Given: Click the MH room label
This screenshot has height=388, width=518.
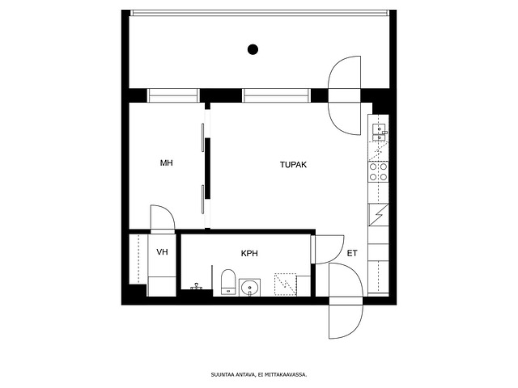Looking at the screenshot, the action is click(x=166, y=162).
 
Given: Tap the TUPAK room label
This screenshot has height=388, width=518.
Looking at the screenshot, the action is click(x=293, y=164).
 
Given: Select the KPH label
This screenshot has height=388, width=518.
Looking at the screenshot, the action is click(x=249, y=253).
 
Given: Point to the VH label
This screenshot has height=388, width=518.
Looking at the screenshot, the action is click(x=162, y=252).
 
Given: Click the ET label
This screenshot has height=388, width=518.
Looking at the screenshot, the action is click(x=352, y=253).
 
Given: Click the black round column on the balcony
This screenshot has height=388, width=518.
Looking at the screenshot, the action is click(x=253, y=49).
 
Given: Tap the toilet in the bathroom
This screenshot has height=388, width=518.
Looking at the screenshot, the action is click(x=228, y=282).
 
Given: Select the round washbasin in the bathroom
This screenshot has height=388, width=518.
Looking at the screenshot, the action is click(x=250, y=288).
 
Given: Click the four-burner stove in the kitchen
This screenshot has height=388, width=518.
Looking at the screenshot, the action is click(x=378, y=172).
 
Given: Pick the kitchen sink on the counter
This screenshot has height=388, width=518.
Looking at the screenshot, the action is click(x=379, y=132).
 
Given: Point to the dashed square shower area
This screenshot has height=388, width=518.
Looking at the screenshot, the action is click(x=286, y=284).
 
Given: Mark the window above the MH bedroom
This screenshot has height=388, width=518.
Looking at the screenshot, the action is click(x=173, y=95).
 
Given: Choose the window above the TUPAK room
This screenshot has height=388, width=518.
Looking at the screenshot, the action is click(x=276, y=95).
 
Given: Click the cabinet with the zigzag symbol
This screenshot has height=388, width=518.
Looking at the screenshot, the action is click(x=378, y=215).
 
